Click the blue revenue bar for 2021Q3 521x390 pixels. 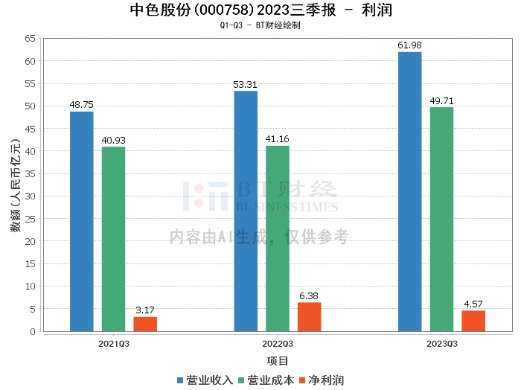coord(82,221)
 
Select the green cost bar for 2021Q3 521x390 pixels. coord(114,239)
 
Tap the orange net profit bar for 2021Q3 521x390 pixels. coord(145,324)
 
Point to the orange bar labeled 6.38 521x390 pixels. coord(310,317)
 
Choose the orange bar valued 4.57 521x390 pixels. coord(473,321)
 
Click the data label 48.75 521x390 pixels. coord(82,105)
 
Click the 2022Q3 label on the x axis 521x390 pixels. coord(278,344)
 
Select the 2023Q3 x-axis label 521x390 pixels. coord(441,344)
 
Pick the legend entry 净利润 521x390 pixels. coord(325,380)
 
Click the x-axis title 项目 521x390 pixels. coord(278,360)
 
